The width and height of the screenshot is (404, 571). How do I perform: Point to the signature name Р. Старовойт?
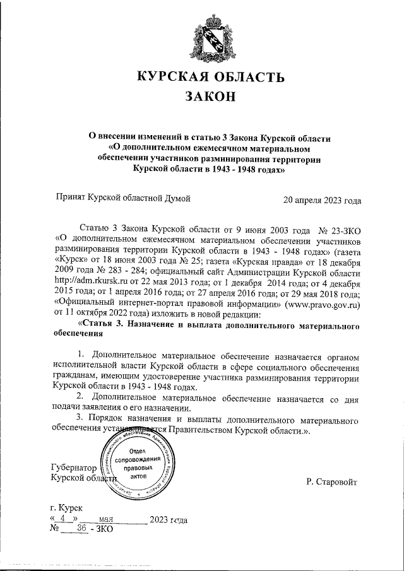click(x=331, y=482)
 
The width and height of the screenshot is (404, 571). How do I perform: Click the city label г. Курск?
click(x=66, y=507)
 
